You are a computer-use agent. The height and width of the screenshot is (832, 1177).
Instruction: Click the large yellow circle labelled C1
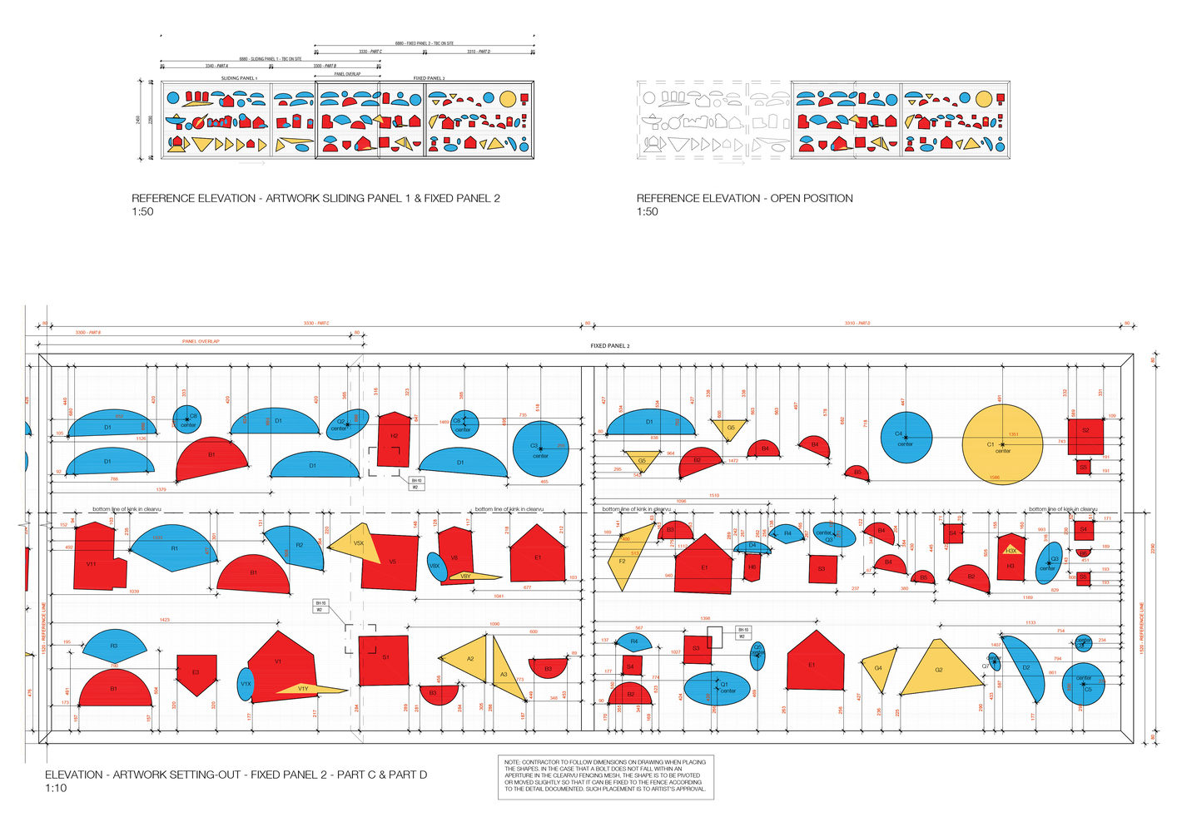(x=1002, y=444)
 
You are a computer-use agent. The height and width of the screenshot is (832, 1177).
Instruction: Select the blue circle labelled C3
(x=540, y=449)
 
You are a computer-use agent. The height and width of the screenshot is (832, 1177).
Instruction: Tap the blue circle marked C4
(x=905, y=438)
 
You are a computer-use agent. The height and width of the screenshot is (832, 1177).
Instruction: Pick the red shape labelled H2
(x=394, y=439)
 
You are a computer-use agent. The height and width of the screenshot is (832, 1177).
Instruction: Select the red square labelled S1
(x=384, y=661)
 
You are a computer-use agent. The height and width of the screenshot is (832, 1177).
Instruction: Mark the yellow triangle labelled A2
(x=469, y=659)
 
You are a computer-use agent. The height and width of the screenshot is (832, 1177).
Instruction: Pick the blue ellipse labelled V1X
(x=246, y=685)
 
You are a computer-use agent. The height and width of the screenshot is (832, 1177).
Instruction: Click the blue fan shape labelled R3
(x=114, y=646)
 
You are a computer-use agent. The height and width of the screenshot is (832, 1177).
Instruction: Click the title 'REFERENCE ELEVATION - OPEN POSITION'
(x=744, y=198)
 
